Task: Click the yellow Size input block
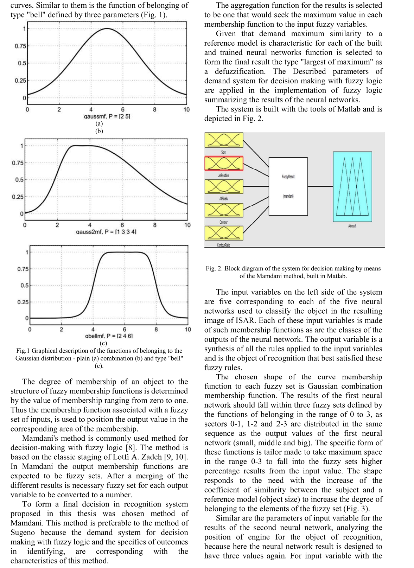[224, 140]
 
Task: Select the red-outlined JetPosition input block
[224, 163]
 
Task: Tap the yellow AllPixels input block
[224, 186]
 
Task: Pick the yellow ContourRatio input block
[224, 233]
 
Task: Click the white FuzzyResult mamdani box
[288, 186]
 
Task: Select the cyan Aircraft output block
[352, 186]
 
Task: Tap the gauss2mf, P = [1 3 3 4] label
[106, 232]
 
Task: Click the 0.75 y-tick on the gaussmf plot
[20, 46]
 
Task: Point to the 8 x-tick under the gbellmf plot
[156, 330]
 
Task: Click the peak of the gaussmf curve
[107, 28]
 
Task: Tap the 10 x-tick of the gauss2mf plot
[187, 225]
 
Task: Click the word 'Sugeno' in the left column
[23, 532]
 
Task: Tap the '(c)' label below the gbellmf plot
[103, 343]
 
